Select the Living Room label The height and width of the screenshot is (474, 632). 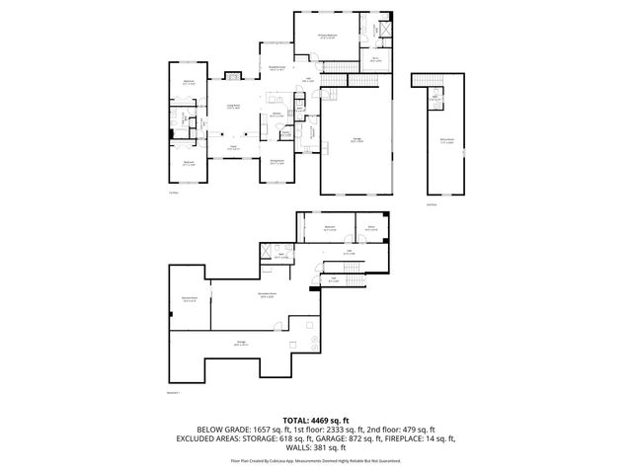coord(234,105)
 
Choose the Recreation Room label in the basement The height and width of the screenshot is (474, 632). coord(266,293)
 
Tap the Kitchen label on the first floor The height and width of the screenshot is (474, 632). coord(278,114)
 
